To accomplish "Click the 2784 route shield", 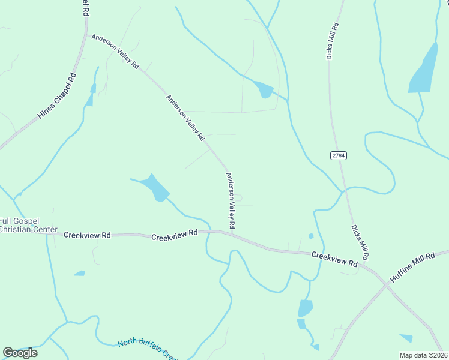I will (339, 155).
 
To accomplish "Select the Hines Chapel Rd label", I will (58, 95).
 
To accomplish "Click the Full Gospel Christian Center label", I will (28, 225).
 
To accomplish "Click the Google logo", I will (20, 353).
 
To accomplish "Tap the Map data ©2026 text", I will (423, 355).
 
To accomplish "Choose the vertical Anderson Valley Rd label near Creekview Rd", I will (230, 201).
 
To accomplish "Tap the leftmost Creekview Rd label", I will (87, 235).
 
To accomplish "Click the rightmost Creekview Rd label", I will (334, 260).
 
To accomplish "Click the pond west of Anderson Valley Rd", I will (154, 187).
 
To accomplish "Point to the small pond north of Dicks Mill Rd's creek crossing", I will (264, 89).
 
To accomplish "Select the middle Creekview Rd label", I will (175, 235).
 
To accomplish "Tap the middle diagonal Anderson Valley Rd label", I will (185, 118).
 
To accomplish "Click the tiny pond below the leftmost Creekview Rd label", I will (79, 274).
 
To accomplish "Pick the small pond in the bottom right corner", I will (406, 338).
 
